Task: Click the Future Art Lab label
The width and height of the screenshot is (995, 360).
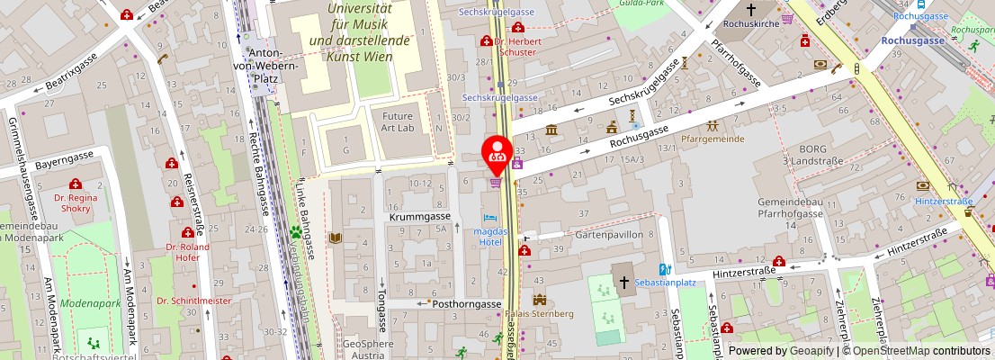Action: [398, 121]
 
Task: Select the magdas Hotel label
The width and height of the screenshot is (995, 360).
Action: [490, 237]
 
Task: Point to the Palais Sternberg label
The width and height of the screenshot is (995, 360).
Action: [539, 314]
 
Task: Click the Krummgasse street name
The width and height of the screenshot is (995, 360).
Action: [419, 218]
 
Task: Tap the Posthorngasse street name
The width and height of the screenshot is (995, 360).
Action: [466, 304]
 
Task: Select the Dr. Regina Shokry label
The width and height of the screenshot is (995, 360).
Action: [76, 202]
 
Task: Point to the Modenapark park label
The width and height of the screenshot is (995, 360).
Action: [90, 304]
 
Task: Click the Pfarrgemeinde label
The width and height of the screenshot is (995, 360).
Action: [713, 139]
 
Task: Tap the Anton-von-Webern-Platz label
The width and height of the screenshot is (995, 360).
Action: [254, 66]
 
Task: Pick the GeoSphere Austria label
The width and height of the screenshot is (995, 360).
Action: [369, 350]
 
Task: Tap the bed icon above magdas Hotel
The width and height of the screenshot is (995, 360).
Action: [489, 219]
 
